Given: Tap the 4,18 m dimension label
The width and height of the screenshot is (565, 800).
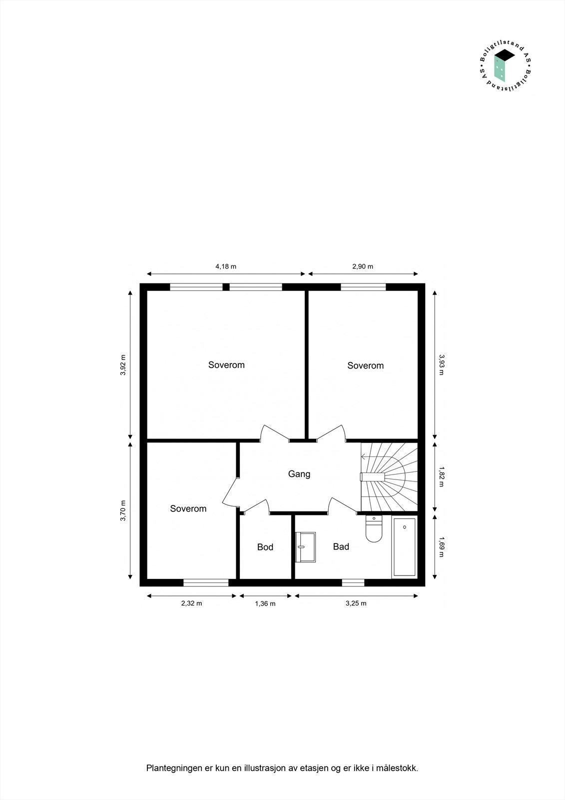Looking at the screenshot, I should coord(226,266).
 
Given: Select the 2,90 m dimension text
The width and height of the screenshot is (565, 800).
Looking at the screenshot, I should coord(363,266).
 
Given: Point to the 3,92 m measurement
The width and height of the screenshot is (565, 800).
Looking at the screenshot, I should coord(123,364).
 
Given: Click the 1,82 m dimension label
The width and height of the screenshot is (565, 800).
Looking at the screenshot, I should coord(441,476).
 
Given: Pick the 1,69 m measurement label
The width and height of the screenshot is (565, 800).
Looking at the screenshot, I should coord(441,546).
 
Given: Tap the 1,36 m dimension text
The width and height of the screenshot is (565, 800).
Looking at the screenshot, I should coord(265,603).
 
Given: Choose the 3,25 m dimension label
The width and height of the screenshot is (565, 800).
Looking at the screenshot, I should coord(356,603).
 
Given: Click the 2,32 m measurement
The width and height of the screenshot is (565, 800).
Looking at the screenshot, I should coord(191,603).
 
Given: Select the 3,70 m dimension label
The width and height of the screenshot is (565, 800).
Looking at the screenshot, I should coord(123,510).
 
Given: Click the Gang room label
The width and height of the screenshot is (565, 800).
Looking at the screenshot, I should coord(299,474).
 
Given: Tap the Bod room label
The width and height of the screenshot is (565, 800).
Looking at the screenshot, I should coord(265,547).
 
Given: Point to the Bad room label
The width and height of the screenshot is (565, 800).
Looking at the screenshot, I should coord(341,546).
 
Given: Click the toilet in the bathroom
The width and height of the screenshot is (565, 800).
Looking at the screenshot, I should coord(374,529).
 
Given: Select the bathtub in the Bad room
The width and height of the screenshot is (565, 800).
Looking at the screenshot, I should coord(404,547).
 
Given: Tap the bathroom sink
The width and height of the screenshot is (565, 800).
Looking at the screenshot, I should coord(306,547).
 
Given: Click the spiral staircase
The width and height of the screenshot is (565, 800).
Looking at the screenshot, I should coord(390,477).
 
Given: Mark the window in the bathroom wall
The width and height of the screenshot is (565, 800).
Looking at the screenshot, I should coord(353,582).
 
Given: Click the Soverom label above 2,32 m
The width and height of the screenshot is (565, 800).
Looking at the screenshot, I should coord(188,508).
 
